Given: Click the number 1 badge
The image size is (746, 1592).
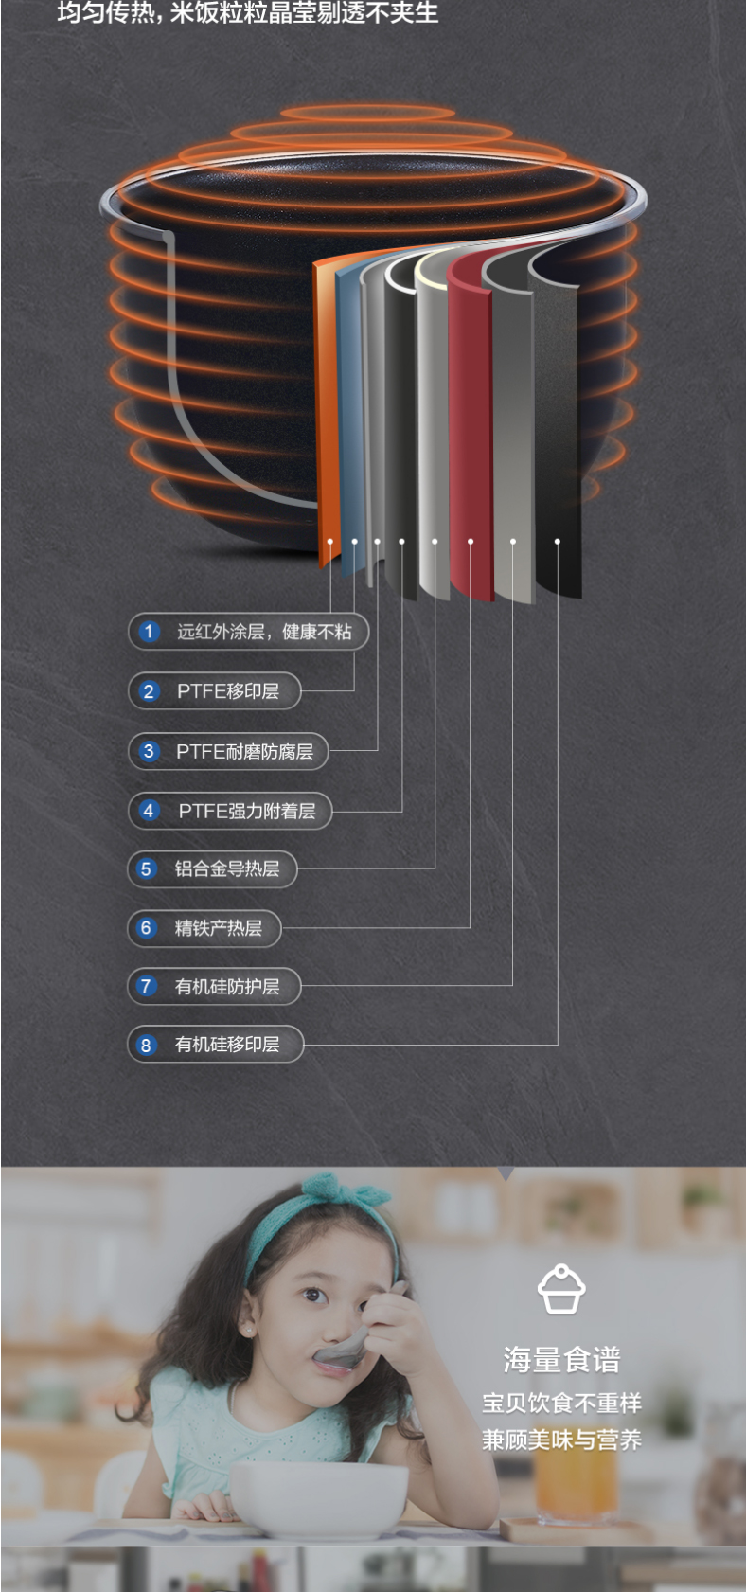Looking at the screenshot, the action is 149,632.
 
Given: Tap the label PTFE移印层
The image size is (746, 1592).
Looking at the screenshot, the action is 228,691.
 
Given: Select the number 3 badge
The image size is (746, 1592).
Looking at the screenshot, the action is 149,751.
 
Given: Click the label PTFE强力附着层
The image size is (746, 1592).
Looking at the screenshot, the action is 246,811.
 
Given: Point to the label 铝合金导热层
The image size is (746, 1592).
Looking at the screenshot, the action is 226,869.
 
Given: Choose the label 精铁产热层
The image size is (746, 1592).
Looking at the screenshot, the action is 218,928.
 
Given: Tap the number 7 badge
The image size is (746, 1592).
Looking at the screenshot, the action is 146,986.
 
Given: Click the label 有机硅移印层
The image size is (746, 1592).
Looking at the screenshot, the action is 226,1045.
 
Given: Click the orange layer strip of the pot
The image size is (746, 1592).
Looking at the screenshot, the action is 327,407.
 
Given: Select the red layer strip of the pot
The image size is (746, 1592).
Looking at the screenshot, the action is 471,426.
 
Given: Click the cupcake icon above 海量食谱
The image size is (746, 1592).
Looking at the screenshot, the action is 561,1290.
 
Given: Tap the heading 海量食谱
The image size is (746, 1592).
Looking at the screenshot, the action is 561,1360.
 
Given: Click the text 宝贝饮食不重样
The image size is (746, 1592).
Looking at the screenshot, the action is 561,1403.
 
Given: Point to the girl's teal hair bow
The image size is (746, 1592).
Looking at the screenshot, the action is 347,1196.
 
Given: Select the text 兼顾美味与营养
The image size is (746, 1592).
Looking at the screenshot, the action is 561,1440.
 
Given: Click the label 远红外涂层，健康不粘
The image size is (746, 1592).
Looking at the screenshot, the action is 264,632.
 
